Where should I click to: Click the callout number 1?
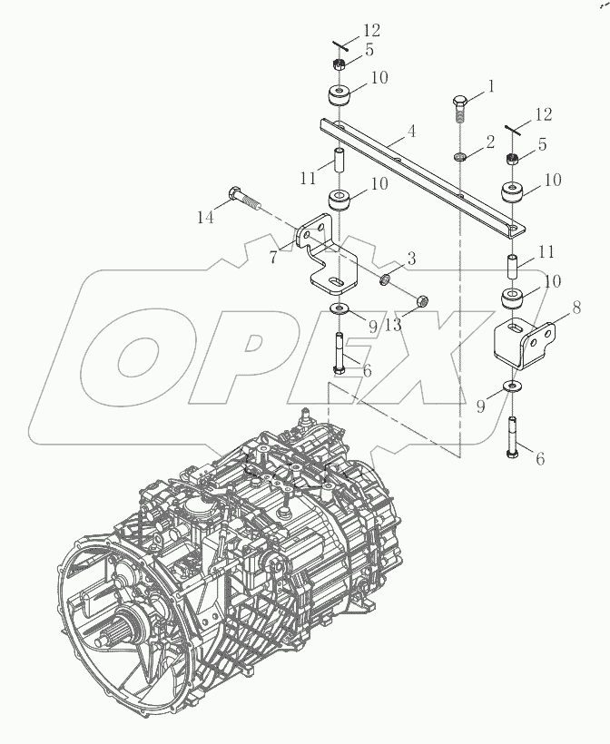[491, 87]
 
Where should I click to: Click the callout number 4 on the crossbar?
[411, 132]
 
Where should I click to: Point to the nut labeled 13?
[421, 300]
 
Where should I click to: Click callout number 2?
[491, 142]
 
